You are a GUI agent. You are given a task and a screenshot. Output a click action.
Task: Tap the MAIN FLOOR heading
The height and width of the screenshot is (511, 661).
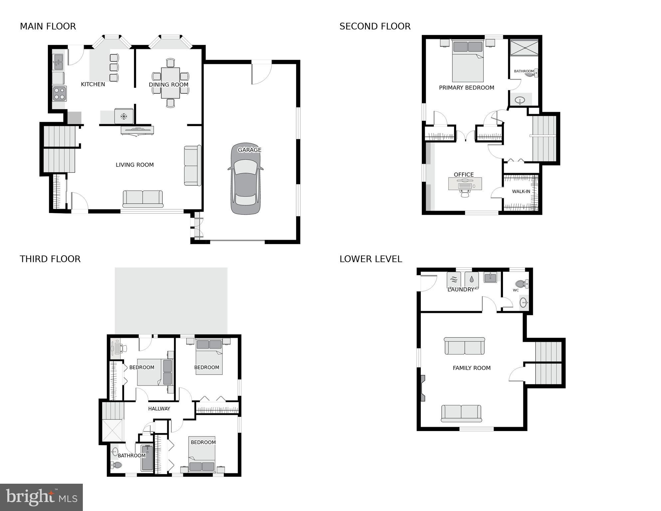[x=48, y=26]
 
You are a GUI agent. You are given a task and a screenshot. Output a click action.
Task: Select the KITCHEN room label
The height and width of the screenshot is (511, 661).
[x=93, y=84]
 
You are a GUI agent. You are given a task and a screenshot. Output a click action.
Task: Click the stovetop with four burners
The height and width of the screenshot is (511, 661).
[x=60, y=94]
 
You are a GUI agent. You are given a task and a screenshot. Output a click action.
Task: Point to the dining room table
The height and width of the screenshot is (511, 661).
[x=170, y=83]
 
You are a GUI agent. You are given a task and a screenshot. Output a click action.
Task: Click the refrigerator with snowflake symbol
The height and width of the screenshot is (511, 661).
[x=124, y=116]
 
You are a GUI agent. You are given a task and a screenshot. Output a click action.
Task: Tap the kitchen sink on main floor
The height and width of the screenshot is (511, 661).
[x=58, y=62]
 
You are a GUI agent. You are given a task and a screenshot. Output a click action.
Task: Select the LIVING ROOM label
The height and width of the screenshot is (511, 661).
[x=134, y=165]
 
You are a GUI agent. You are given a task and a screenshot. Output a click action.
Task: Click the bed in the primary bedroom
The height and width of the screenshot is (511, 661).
[x=468, y=62]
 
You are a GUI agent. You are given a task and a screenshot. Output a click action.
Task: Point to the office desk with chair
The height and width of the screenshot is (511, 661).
[x=465, y=185]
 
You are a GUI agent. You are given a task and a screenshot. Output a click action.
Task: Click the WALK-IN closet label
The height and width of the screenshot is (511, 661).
[x=521, y=191]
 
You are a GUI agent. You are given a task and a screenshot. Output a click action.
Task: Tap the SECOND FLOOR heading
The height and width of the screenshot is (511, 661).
[x=375, y=26]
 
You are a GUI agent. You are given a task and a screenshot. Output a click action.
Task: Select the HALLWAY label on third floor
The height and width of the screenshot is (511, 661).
[x=159, y=408]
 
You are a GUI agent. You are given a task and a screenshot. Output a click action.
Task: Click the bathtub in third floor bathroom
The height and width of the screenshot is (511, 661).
[x=147, y=458]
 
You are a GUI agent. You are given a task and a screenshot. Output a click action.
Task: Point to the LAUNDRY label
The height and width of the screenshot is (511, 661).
[x=460, y=290]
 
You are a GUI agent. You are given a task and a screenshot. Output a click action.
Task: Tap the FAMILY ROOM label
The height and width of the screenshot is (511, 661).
[x=471, y=368]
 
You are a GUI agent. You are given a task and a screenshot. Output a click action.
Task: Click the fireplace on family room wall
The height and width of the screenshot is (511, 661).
[x=423, y=388]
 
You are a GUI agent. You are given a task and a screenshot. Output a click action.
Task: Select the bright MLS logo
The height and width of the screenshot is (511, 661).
[x=41, y=497]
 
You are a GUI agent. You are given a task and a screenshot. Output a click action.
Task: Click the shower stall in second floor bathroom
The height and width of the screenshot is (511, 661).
[x=524, y=48]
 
